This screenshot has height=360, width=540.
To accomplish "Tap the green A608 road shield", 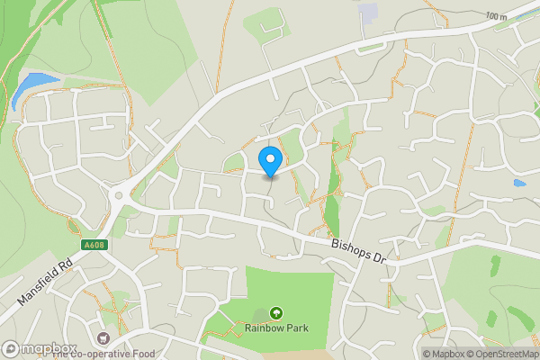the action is tap(84, 244).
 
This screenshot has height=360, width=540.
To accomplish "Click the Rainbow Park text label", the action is tap(277, 328).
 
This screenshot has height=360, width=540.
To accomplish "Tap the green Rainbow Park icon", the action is tap(276, 313).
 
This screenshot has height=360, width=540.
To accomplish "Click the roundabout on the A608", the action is tap(118, 193).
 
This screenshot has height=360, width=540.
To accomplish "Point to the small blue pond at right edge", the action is tap(520, 183).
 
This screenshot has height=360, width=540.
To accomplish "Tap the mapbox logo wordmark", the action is tap(48, 347).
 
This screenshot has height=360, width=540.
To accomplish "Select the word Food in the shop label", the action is tap(144, 354).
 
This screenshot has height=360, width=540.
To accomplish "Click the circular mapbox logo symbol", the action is tap(11, 347).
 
